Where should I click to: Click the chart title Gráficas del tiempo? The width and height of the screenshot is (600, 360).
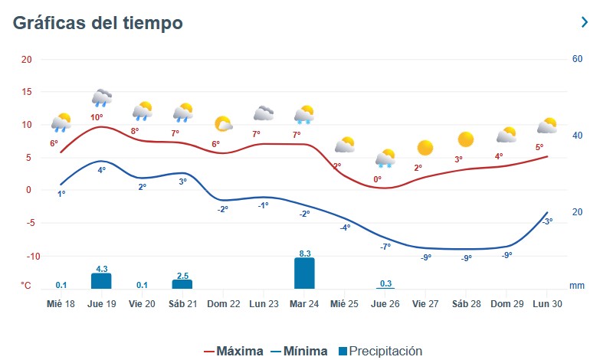click(97, 23)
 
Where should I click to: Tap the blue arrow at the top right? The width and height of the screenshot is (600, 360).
click(585, 22)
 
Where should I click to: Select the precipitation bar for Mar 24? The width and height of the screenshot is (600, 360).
click(304, 273)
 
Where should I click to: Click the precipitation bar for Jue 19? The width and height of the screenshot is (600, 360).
click(101, 281)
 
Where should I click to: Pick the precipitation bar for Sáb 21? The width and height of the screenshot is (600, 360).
click(182, 284)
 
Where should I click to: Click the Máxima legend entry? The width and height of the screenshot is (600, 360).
click(234, 352)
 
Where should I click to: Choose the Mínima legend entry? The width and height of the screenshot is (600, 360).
click(299, 352)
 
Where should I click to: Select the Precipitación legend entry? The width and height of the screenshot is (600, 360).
click(380, 352)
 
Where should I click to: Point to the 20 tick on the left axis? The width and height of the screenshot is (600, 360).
click(27, 60)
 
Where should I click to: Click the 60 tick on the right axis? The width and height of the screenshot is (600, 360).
click(575, 60)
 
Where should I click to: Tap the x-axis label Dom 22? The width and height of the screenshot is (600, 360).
click(223, 303)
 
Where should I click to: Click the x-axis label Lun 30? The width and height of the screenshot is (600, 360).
click(548, 303)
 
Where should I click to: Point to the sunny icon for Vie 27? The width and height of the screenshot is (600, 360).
click(425, 148)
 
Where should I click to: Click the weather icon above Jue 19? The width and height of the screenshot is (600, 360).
click(102, 97)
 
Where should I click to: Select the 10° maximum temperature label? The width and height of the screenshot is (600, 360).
click(97, 117)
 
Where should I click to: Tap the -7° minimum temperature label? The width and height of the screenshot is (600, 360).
click(385, 246)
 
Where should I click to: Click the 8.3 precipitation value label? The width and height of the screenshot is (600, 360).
click(304, 253)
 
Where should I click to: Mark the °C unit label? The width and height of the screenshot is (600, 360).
click(26, 286)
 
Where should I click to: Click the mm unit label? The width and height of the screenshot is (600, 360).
click(577, 286)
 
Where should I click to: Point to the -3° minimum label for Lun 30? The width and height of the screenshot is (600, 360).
click(547, 221)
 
